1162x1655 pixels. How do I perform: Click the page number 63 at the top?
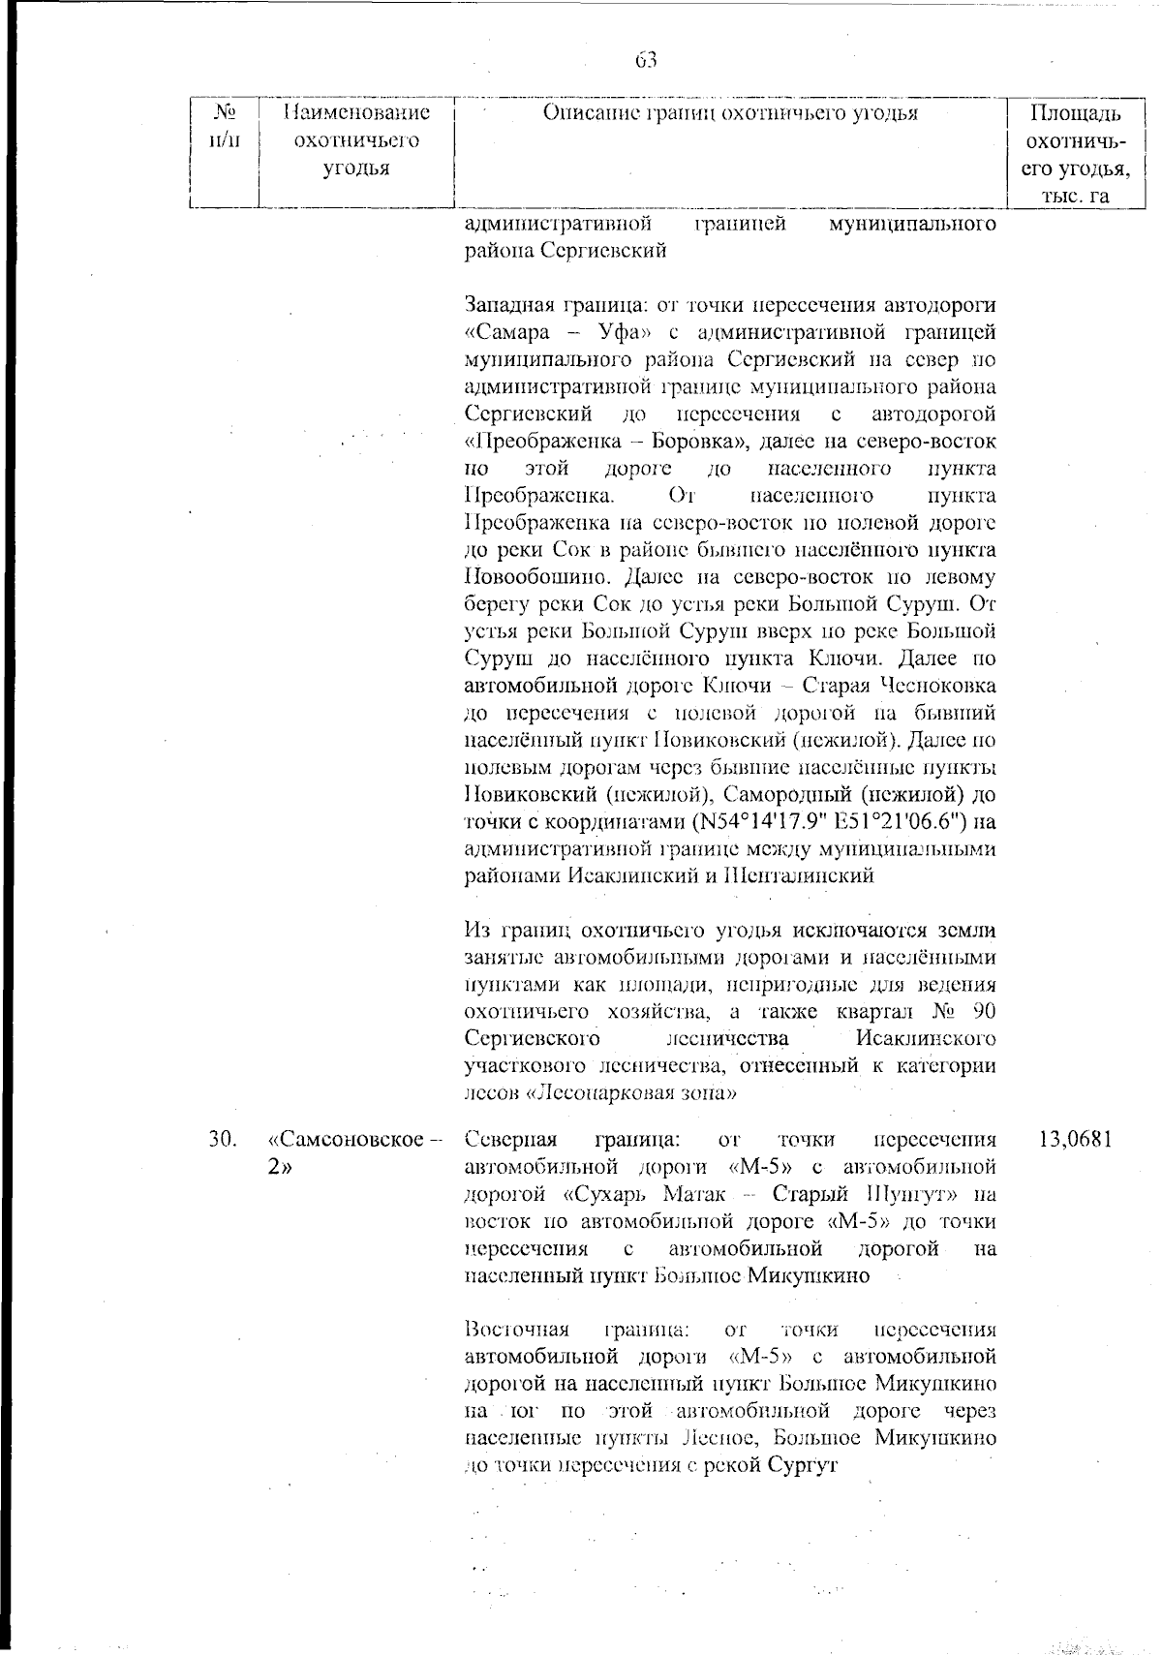[x=646, y=60]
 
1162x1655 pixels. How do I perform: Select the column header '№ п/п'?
[x=224, y=127]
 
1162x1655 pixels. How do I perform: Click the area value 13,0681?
[x=1075, y=1139]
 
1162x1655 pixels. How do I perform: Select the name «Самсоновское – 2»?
[x=352, y=1152]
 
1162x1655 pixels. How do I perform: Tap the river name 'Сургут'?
[x=802, y=1465]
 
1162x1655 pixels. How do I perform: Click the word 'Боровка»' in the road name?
[x=697, y=442]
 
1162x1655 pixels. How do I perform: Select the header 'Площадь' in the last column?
[x=1075, y=114]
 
